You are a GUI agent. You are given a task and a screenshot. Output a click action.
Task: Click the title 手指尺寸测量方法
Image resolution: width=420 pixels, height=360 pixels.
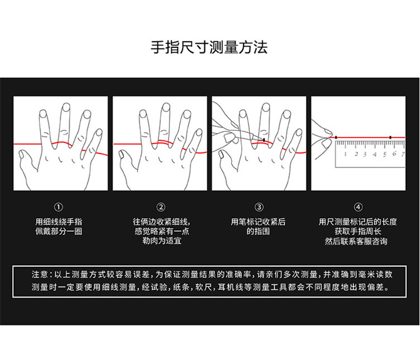click(x=209, y=47)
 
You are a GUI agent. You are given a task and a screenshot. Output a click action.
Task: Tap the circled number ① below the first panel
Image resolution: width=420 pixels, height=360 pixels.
click(x=58, y=207)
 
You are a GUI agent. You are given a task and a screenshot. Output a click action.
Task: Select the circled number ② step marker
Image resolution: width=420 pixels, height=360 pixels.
click(x=161, y=207)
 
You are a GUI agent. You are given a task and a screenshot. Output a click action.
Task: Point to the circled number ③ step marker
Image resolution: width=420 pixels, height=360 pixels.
click(x=259, y=207)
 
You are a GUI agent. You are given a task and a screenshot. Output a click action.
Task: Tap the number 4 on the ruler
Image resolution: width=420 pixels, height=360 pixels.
click(x=375, y=154)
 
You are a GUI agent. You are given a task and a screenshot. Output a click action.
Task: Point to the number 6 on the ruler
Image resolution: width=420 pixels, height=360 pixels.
click(x=394, y=154)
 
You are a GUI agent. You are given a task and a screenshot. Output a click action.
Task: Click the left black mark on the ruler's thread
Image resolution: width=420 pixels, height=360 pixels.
click(x=336, y=138)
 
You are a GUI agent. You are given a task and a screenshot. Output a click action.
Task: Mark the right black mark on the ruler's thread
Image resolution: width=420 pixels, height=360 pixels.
click(x=390, y=138)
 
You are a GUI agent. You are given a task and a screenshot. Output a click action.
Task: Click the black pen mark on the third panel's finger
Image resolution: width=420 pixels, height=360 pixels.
click(x=264, y=140)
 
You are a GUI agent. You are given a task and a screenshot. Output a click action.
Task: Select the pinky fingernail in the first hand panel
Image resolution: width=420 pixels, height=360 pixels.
click(x=98, y=132)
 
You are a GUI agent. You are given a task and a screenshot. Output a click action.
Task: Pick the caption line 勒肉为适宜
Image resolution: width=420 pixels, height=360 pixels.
click(x=161, y=241)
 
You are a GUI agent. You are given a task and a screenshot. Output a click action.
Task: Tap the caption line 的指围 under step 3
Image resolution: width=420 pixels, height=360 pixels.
click(x=259, y=231)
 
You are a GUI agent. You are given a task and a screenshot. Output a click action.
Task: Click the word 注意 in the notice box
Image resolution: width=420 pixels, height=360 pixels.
click(x=40, y=275)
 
